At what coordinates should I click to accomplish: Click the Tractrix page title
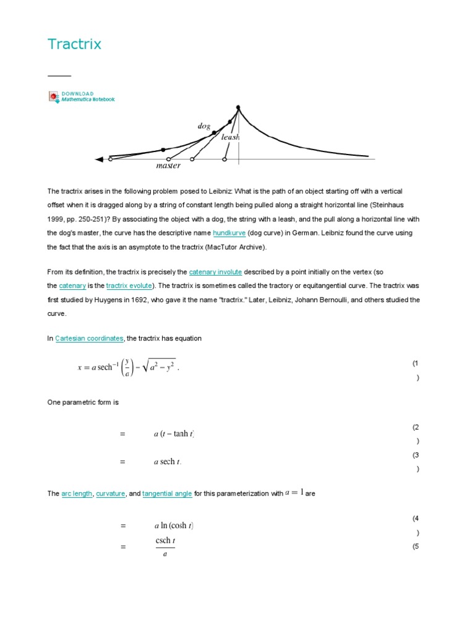[74, 45]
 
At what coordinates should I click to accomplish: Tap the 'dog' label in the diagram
[203, 126]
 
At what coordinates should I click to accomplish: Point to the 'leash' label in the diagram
[230, 137]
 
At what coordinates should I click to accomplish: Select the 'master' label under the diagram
[168, 166]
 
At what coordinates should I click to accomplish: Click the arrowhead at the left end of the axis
[99, 159]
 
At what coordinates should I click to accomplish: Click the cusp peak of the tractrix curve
[238, 108]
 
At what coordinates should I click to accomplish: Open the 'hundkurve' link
[229, 233]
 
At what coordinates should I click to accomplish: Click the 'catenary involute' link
[215, 272]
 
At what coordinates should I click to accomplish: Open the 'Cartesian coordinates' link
[89, 339]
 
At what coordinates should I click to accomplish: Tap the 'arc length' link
[77, 494]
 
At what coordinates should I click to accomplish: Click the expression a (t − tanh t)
[174, 434]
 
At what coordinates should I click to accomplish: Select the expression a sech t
[168, 462]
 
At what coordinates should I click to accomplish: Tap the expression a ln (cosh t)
[174, 526]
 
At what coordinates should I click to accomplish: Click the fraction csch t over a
[165, 546]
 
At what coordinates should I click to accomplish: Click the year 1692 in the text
[179, 299]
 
